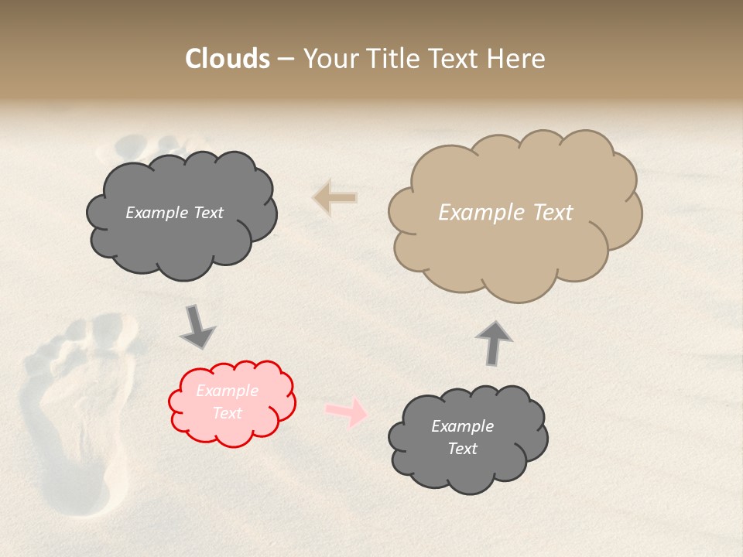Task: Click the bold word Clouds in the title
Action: pos(228,59)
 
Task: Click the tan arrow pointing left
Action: pos(334,198)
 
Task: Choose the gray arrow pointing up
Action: pos(494,342)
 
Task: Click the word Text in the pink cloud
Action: pos(228,413)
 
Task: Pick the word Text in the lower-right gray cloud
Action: pos(462,449)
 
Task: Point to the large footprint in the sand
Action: pos(74,410)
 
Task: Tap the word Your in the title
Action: pos(330,59)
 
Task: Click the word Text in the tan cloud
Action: pos(553,213)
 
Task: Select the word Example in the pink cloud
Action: pos(228,391)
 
